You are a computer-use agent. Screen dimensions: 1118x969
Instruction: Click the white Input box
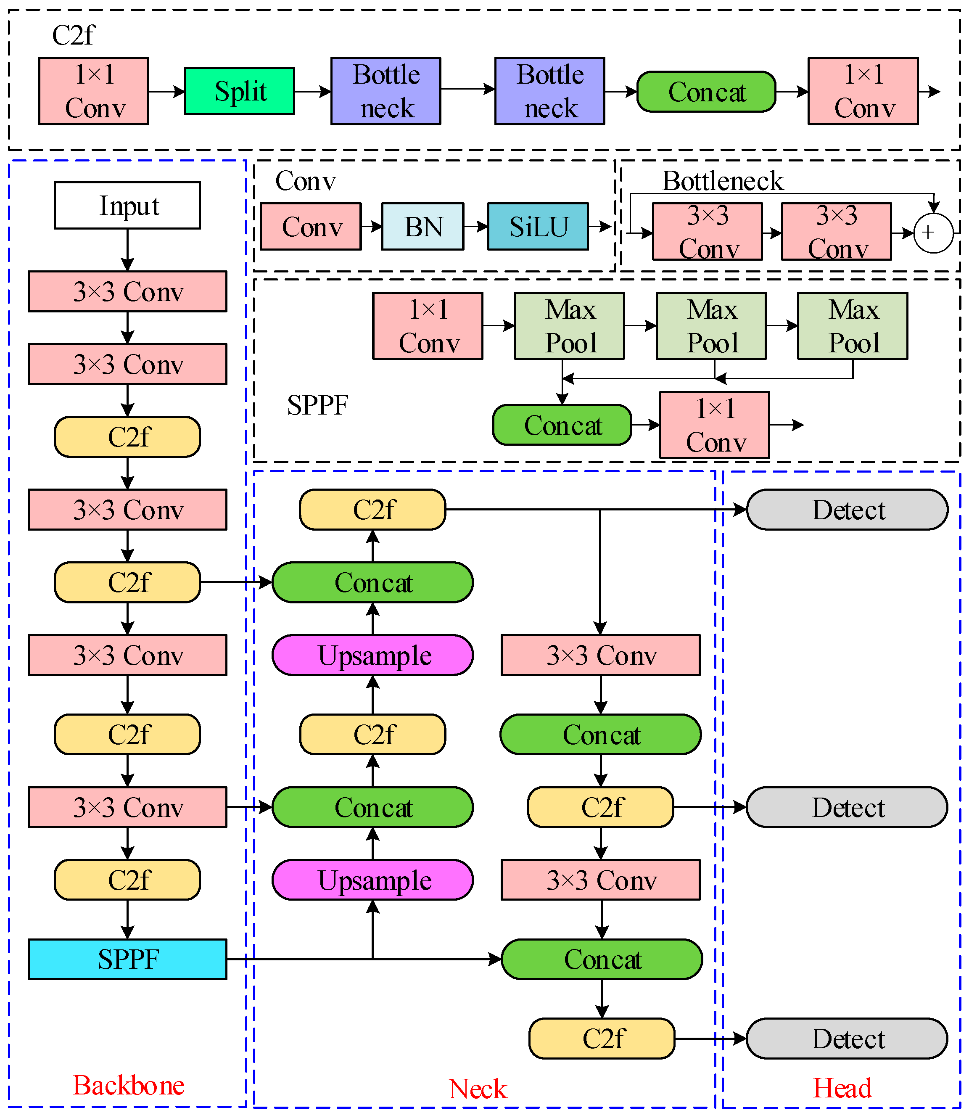[127, 206]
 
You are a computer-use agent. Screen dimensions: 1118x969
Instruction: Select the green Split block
[240, 91]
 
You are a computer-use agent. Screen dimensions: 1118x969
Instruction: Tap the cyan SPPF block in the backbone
[127, 959]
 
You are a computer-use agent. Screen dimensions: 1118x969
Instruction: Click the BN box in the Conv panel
[422, 227]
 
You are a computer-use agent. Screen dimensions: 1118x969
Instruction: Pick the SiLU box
[538, 227]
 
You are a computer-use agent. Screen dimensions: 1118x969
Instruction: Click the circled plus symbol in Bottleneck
[933, 233]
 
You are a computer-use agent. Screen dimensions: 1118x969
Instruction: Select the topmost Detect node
[848, 510]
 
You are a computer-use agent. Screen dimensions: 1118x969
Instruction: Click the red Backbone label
[129, 1085]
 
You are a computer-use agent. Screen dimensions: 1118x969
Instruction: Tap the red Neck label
[478, 1088]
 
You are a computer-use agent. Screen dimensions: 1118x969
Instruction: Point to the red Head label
[842, 1088]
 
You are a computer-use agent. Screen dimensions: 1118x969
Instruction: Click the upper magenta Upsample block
[372, 655]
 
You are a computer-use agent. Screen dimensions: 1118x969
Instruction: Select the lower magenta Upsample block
[372, 880]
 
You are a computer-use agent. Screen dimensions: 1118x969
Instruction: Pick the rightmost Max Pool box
[853, 326]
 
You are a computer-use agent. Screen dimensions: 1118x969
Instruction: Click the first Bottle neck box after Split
[385, 91]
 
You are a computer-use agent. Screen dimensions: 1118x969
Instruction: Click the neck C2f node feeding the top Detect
[372, 510]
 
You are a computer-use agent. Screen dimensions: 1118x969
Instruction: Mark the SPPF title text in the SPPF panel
[317, 405]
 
